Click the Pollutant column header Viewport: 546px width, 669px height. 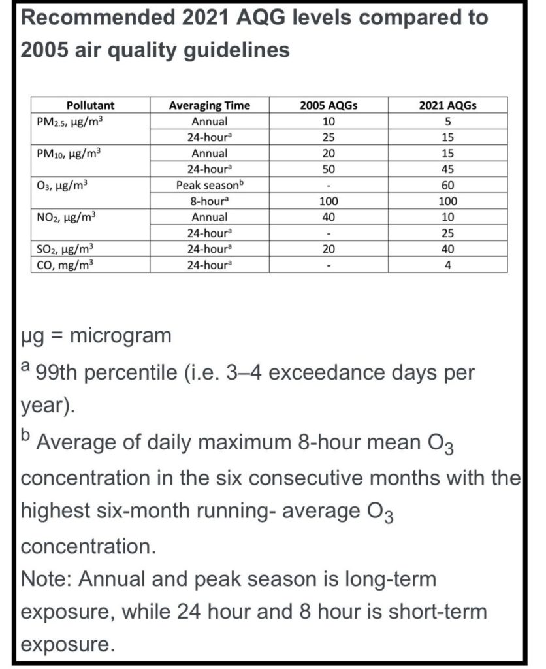[90, 105]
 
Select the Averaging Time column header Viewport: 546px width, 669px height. [209, 105]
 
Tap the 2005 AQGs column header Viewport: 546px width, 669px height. [329, 105]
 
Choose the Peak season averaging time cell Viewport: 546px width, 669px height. [209, 185]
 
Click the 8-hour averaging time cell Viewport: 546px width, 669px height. [209, 201]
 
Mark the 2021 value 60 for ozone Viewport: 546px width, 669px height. [448, 185]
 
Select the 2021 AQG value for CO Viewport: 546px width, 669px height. [448, 265]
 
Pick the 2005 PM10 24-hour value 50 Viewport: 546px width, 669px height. [329, 169]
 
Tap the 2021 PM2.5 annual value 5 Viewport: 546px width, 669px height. [448, 122]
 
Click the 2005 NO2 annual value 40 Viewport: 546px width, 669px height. [329, 217]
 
